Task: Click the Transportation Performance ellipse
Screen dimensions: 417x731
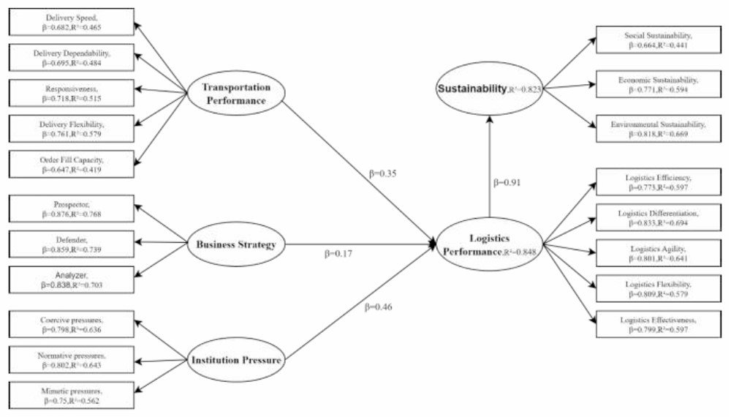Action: (x=235, y=94)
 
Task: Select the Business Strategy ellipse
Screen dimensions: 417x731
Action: (x=235, y=244)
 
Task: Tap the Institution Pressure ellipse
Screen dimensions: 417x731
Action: (x=235, y=360)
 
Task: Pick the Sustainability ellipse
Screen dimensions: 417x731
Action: (x=489, y=89)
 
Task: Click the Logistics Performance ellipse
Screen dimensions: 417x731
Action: (x=489, y=244)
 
